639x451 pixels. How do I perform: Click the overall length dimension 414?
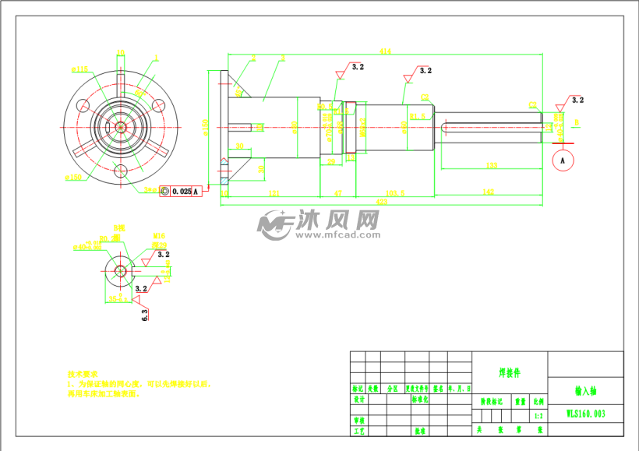tap(385, 51)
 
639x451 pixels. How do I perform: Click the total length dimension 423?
tap(383, 202)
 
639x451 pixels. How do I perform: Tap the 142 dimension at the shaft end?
tap(489, 191)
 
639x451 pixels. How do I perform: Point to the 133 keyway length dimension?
tap(492, 164)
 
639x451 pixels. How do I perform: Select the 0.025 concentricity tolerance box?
tap(181, 191)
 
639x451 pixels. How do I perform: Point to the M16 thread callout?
tap(159, 235)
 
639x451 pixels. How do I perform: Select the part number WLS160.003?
tap(585, 414)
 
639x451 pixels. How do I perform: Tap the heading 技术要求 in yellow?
tap(82, 374)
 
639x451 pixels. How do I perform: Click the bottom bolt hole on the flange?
tap(121, 171)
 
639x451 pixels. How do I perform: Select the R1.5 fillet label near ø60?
tap(418, 116)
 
